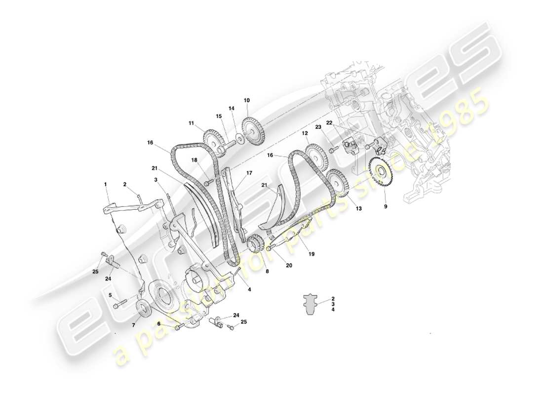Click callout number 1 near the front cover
[x=105, y=184]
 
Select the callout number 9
[x=386, y=206]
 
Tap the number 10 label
[x=247, y=100]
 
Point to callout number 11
[x=191, y=123]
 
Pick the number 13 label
[x=358, y=209]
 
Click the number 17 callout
[x=249, y=173]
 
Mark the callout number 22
[x=329, y=122]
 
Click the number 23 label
[x=318, y=127]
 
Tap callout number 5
[x=110, y=295]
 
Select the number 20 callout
[x=289, y=266]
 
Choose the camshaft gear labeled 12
[x=314, y=155]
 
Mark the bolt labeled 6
[x=179, y=326]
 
